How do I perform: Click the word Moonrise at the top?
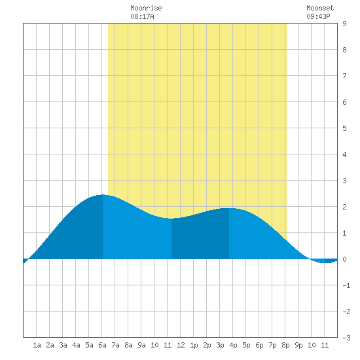[x=146, y=8]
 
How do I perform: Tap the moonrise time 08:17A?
[x=142, y=16]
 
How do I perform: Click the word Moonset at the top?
[x=320, y=8]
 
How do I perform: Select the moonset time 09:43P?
[x=318, y=16]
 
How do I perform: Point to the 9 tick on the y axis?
[x=344, y=24]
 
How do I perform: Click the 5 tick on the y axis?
[x=344, y=128]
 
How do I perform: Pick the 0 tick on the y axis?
[x=344, y=259]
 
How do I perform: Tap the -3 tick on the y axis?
[x=346, y=338]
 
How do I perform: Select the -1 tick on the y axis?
[x=346, y=285]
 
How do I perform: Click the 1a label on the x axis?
[x=37, y=345]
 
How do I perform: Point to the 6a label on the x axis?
[x=102, y=345]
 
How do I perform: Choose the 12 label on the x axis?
[x=181, y=345]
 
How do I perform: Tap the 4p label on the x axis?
[x=233, y=345]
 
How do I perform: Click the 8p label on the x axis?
[x=285, y=345]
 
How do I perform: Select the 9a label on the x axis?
[x=141, y=345]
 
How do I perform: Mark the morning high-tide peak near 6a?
[x=103, y=194]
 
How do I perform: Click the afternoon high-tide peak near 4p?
[x=229, y=208]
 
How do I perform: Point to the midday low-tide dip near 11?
[x=171, y=219]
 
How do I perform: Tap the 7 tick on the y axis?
[x=344, y=76]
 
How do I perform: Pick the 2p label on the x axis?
[x=207, y=345]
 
